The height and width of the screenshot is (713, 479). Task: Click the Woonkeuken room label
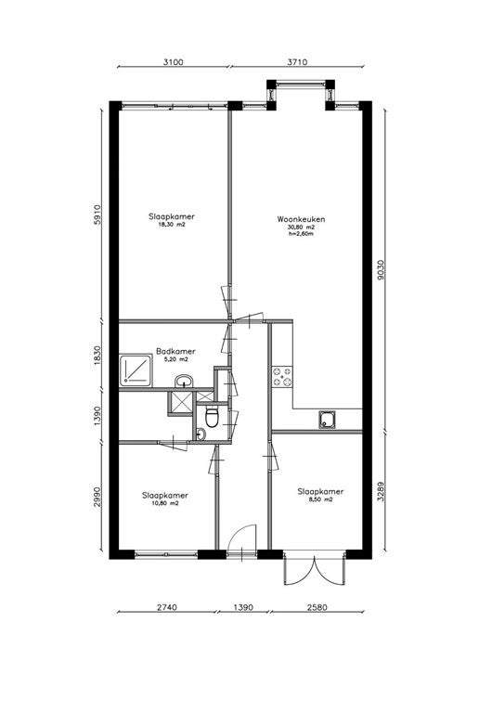[x=301, y=219]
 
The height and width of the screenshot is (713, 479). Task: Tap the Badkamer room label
[x=175, y=352]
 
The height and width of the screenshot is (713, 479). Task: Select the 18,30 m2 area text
[x=172, y=225]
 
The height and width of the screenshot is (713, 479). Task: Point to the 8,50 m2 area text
[x=320, y=499]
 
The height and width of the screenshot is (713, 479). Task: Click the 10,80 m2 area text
[x=164, y=503]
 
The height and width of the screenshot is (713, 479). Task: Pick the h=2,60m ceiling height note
[x=301, y=234]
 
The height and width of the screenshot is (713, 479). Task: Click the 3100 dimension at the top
[x=174, y=62]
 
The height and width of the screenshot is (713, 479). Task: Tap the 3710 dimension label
[x=297, y=62]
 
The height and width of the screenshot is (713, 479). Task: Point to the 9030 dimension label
[x=381, y=269]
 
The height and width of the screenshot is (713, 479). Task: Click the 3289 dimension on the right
[x=381, y=491]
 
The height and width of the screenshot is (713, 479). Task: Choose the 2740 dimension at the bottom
[x=166, y=607]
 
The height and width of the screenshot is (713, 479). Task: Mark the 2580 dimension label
[x=317, y=607]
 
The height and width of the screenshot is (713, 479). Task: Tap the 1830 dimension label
[x=97, y=355]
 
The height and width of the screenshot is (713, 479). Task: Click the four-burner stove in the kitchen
[x=282, y=377]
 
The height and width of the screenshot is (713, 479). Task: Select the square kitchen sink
[x=327, y=420]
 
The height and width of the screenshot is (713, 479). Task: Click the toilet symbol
[x=212, y=417]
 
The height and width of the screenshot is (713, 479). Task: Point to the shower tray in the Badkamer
[x=136, y=369]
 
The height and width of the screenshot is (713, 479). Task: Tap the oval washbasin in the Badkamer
[x=184, y=381]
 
